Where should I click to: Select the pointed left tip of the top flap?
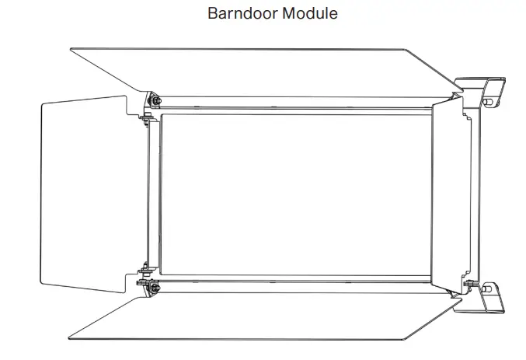coord(71,51)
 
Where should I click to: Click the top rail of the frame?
coord(295,103)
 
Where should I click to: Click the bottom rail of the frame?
coord(295,285)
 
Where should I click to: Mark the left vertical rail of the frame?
coord(154,194)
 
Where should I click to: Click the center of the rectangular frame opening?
coord(295,194)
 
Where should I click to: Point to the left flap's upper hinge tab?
coord(145,119)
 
